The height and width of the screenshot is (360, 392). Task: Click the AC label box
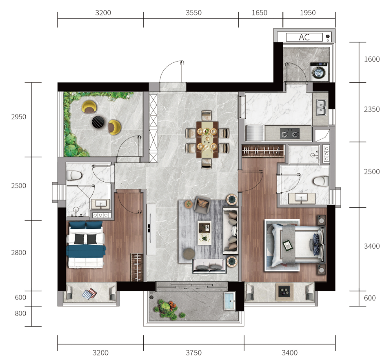304,37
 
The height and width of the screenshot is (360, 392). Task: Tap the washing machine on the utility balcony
319,72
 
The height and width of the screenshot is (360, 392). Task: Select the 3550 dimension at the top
194,13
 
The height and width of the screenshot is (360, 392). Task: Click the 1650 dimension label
259,13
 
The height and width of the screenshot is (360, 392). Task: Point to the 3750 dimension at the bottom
194,353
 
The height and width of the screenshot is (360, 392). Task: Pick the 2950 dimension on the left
19,117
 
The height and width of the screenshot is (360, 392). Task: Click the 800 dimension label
20,313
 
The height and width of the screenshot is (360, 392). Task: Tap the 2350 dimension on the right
372,109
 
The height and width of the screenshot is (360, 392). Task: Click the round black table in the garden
98,122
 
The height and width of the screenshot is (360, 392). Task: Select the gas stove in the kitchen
290,133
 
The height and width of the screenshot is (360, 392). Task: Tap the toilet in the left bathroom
74,175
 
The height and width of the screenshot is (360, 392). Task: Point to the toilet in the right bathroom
321,181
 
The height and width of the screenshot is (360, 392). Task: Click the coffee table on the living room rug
205,233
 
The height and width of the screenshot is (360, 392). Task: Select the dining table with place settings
207,139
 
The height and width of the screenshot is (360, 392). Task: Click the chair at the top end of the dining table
206,116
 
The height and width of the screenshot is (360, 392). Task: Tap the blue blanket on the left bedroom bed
86,251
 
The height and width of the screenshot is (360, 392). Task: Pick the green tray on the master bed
287,245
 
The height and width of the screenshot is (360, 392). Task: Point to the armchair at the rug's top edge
202,205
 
